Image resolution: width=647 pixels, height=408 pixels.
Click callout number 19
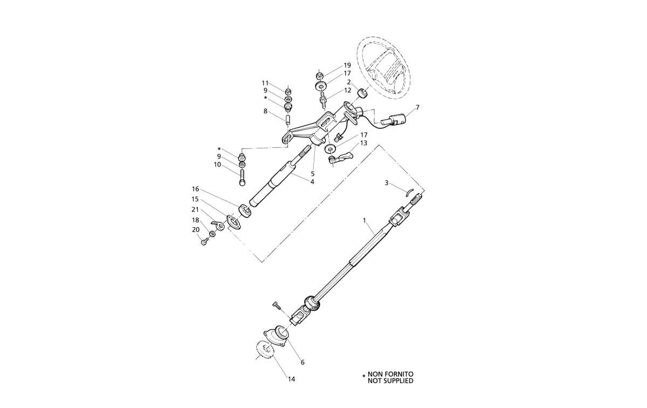(x=347, y=65)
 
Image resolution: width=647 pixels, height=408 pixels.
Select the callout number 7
(x=417, y=107)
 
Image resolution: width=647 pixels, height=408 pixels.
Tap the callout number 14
(x=291, y=379)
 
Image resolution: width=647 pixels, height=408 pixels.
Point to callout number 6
(x=302, y=362)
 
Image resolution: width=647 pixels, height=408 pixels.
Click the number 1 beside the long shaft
(x=364, y=221)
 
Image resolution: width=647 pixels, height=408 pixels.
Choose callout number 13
(x=363, y=143)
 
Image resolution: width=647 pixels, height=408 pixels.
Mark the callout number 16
(x=196, y=189)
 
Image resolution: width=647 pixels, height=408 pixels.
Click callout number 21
(x=196, y=209)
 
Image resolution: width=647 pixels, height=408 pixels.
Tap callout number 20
(x=196, y=229)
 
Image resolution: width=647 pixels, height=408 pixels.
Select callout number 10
(x=217, y=165)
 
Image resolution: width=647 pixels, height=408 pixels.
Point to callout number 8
(x=265, y=111)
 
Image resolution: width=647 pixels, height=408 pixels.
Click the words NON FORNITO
(x=391, y=373)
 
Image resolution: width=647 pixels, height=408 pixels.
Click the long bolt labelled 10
(x=242, y=176)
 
